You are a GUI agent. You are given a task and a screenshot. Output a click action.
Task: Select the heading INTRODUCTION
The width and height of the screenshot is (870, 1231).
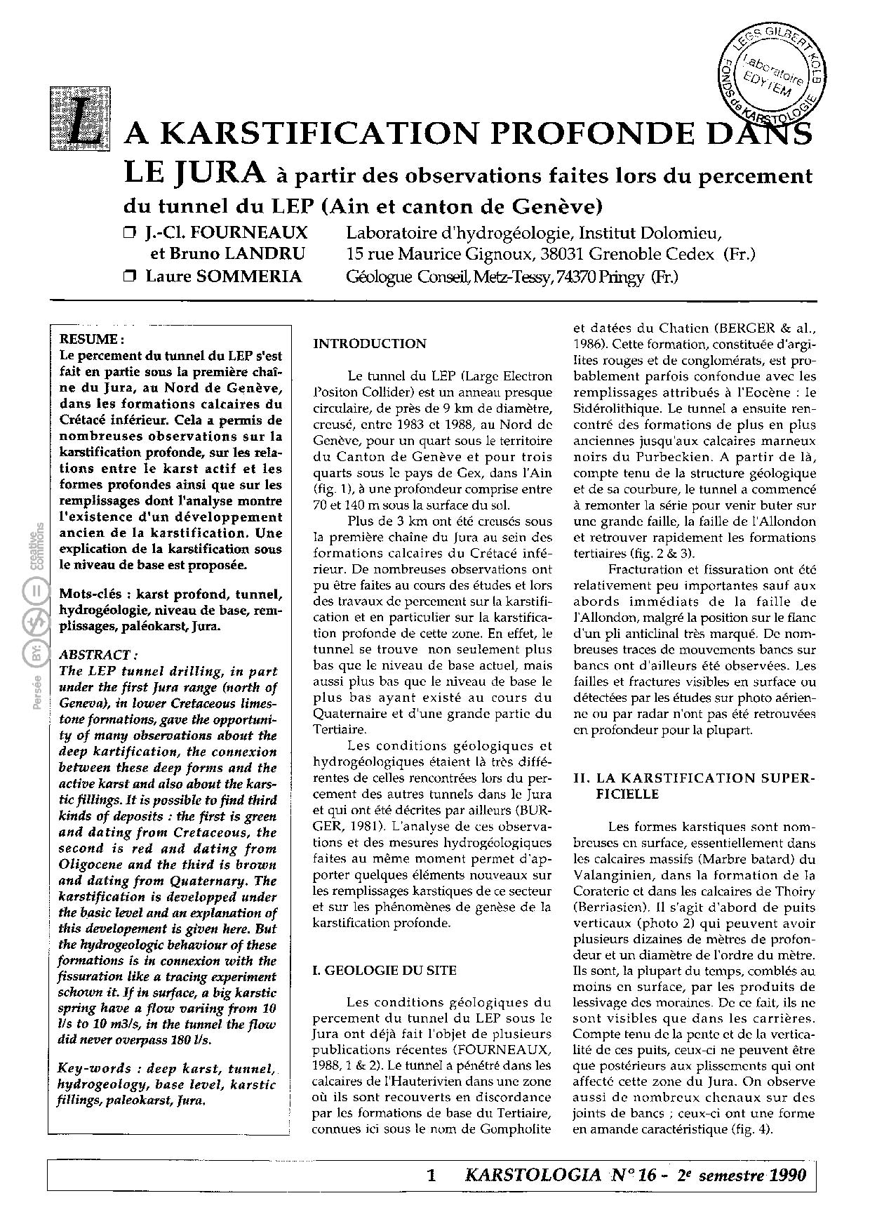tap(369, 344)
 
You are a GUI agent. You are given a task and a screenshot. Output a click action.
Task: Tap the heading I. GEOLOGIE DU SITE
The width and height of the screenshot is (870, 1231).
tap(384, 971)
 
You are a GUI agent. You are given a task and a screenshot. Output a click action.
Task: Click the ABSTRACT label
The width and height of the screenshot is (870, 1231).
tap(94, 655)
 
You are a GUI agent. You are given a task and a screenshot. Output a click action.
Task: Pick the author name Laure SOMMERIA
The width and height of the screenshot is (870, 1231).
tap(224, 277)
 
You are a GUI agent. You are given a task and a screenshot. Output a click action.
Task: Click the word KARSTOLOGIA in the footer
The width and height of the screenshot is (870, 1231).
tap(533, 1175)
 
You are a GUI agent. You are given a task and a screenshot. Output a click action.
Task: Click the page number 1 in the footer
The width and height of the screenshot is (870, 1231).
tap(431, 1176)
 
